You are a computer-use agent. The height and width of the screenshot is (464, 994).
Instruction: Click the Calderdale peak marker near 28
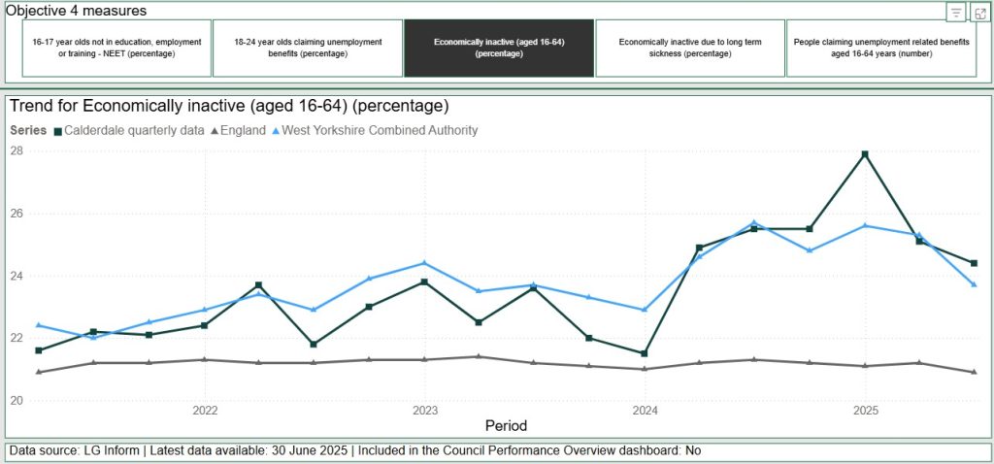coord(865,154)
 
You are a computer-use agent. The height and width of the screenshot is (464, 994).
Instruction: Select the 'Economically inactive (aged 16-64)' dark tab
coord(499,49)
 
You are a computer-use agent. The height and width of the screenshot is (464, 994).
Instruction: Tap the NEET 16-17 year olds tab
coord(116,49)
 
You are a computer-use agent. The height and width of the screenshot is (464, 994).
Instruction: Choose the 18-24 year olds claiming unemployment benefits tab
coord(308,49)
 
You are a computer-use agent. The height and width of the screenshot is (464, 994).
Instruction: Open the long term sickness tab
coord(690,49)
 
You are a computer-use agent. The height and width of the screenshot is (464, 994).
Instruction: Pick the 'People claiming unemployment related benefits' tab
coord(881,49)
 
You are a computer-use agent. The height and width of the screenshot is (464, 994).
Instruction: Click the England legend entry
coord(238,131)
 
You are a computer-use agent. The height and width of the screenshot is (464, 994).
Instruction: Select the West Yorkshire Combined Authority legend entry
coord(375,131)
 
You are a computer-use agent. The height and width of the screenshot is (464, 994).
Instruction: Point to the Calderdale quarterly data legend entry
coord(129,131)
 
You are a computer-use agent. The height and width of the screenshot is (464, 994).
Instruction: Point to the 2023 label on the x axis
coord(425,411)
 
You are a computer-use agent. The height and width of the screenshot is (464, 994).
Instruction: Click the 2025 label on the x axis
coord(865,411)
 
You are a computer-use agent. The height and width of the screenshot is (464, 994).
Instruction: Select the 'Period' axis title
coord(506,425)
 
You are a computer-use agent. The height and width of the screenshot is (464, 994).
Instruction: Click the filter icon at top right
coord(956,12)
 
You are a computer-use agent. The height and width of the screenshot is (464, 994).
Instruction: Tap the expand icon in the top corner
coord(979,12)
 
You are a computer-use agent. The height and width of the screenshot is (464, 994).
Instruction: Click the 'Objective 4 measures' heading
coord(77,10)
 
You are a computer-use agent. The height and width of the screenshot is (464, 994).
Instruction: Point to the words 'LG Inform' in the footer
coord(112,450)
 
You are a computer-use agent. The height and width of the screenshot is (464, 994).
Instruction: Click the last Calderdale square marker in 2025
coord(974,263)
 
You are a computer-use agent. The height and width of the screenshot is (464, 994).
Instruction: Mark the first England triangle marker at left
coord(39,372)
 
